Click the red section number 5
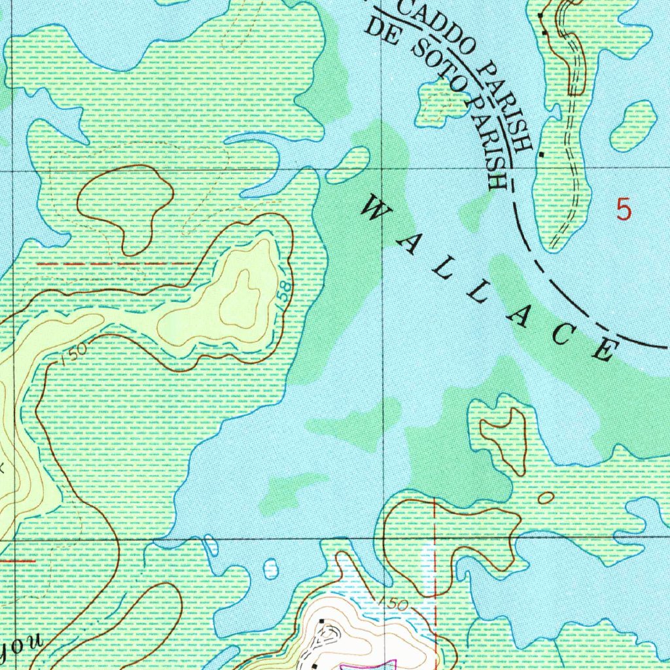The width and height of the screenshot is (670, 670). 624,209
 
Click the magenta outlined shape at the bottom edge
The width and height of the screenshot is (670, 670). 366,665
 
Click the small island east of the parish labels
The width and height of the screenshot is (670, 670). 633,126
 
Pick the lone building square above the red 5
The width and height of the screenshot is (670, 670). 541,154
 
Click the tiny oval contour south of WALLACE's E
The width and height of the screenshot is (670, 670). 544,498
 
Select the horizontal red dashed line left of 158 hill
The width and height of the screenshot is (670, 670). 118,263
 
